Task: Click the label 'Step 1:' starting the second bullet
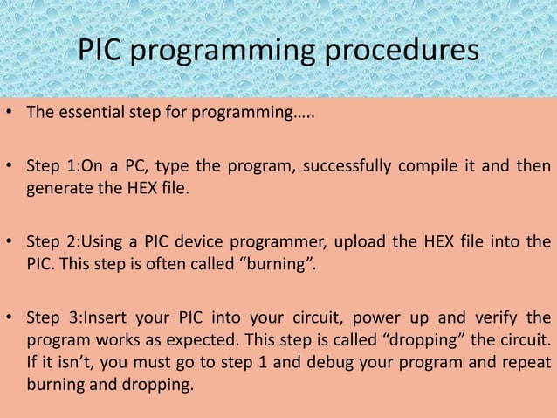(52, 166)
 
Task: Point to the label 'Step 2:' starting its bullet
(52, 241)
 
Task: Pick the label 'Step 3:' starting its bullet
(52, 317)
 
